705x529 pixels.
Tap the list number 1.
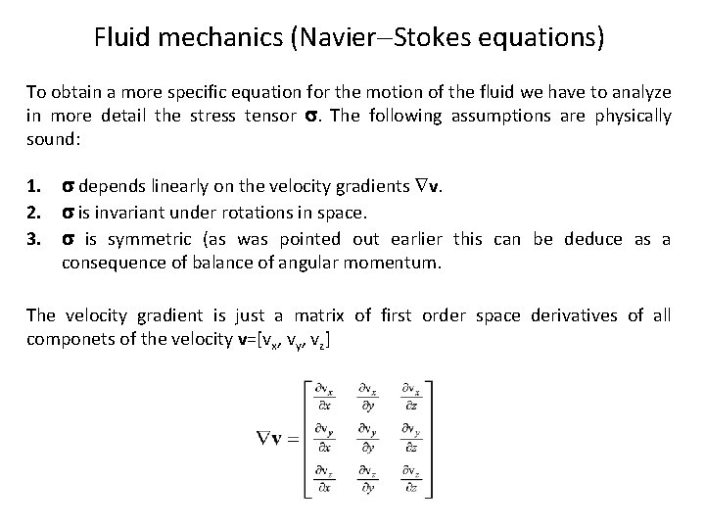33,185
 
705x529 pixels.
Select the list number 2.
33,213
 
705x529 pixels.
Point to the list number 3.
33,240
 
